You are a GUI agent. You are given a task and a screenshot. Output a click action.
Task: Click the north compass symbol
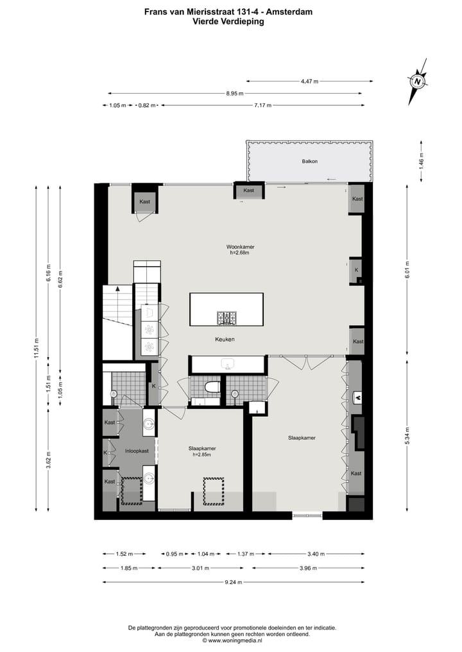tap(418, 82)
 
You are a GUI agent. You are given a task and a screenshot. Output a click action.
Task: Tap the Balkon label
tap(310, 162)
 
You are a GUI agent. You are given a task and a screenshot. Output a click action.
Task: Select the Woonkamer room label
tap(239, 247)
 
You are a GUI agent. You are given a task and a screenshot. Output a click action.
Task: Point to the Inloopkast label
tap(136, 451)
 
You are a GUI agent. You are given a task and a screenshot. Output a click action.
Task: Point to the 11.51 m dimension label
tap(37, 350)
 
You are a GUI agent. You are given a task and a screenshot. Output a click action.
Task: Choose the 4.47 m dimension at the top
tap(310, 81)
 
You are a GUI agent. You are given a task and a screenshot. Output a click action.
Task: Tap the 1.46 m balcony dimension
tap(422, 160)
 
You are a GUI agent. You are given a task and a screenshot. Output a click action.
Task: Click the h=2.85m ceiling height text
tap(201, 455)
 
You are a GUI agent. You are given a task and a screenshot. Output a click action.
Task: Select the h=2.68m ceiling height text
tap(239, 253)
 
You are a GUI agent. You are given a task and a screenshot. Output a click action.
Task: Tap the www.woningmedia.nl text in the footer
tap(235, 640)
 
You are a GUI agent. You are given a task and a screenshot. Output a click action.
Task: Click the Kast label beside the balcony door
tap(249, 190)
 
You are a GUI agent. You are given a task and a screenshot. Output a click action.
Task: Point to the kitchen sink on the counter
tap(227, 364)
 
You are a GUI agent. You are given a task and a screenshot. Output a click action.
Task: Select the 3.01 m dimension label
tap(201, 568)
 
